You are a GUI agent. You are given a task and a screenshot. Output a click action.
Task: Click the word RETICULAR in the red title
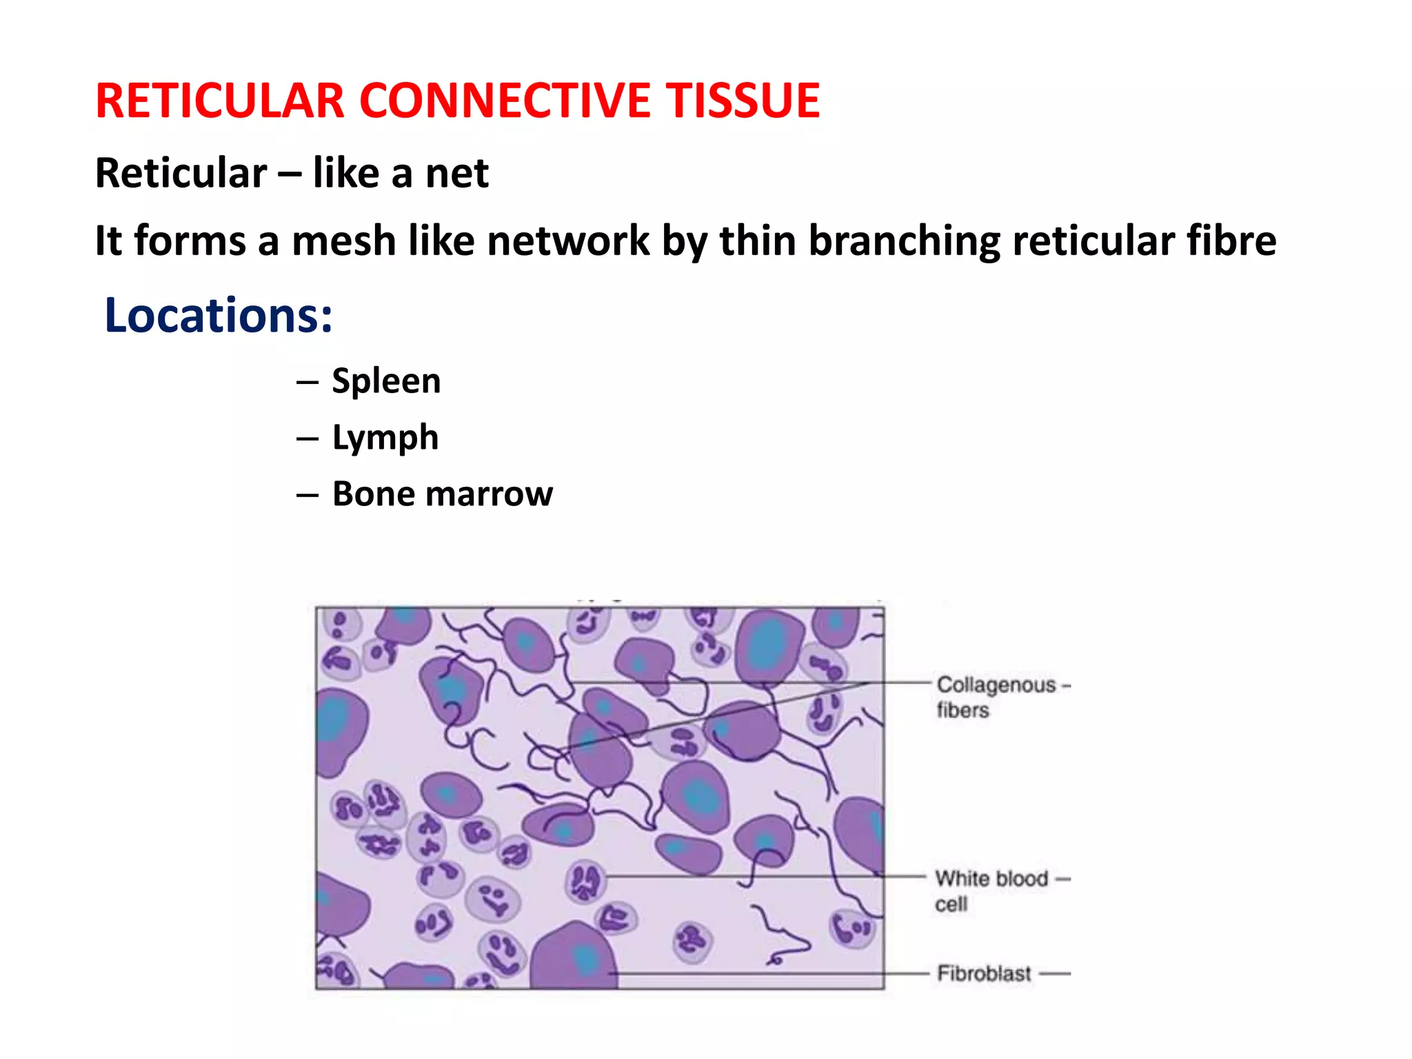(x=219, y=101)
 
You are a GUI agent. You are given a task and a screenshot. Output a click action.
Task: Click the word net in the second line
(x=456, y=173)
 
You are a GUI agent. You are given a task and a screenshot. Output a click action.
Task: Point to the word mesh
(x=343, y=241)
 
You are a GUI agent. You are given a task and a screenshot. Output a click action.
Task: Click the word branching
(x=903, y=241)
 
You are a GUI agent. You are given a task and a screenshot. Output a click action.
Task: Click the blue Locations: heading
(x=218, y=315)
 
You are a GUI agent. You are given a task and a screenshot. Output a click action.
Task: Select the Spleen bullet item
(x=386, y=381)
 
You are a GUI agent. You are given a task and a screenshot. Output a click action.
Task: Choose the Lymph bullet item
(x=385, y=437)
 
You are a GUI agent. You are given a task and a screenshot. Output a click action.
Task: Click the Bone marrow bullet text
(x=442, y=494)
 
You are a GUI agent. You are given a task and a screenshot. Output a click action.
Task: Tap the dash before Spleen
(x=307, y=382)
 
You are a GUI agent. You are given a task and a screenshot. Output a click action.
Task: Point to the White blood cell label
(x=991, y=890)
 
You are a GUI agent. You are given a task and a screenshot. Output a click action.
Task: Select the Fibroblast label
(x=984, y=974)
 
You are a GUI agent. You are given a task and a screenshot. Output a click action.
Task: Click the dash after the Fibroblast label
(x=1054, y=974)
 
